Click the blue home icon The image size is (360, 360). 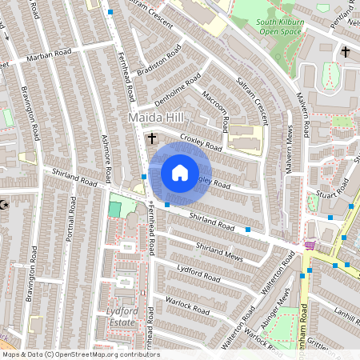[x=180, y=172]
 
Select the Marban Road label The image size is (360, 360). [x=49, y=55]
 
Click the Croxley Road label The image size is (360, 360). [x=201, y=143]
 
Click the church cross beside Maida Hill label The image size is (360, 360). [x=151, y=138]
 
